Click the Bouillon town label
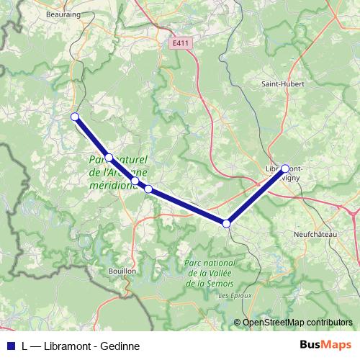click(x=122, y=271)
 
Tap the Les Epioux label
click(x=233, y=296)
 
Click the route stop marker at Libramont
click(x=284, y=168)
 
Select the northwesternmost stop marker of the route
click(x=74, y=116)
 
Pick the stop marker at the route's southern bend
click(x=227, y=224)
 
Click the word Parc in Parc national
click(x=195, y=264)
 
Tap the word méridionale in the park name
click(x=112, y=185)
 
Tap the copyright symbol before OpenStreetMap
click(x=237, y=323)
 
